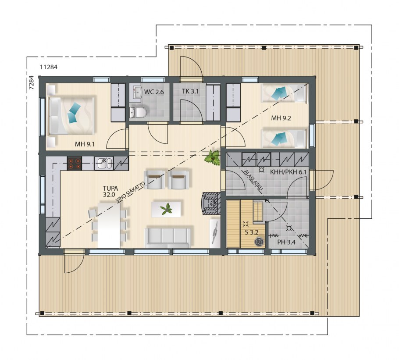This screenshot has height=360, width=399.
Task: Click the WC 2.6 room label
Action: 154,92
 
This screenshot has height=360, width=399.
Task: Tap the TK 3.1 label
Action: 190,91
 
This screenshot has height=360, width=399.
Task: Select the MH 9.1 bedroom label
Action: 85,144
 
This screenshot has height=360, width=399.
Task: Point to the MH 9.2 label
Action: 281,118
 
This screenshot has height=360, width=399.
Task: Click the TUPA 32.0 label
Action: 110,192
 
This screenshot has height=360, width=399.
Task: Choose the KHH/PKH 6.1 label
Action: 289,172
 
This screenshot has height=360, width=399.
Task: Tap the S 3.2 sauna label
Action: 252,232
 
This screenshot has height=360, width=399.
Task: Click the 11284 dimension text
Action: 49,67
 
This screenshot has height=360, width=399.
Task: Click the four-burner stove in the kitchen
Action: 74,163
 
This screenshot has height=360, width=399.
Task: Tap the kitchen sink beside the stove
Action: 104,163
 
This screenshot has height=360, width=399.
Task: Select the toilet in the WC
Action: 138,112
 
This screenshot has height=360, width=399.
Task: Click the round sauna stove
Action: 260,242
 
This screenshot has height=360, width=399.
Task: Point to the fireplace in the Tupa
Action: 211,204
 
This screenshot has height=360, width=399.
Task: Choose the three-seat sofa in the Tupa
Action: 167,238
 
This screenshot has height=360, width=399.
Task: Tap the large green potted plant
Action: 213,158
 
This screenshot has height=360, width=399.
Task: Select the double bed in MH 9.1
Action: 71,115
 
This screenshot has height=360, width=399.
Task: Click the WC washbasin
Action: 137,91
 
